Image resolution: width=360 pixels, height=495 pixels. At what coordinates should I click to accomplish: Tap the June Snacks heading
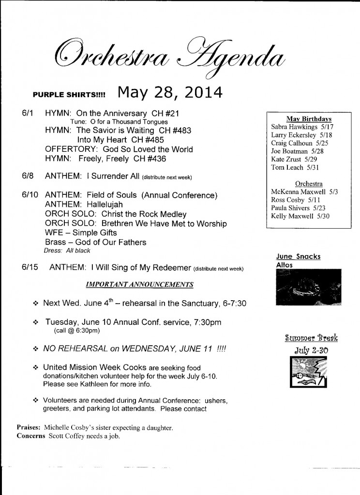click(x=298, y=256)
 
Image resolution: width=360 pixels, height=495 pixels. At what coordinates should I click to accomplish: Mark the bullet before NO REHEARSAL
click(x=35, y=349)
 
